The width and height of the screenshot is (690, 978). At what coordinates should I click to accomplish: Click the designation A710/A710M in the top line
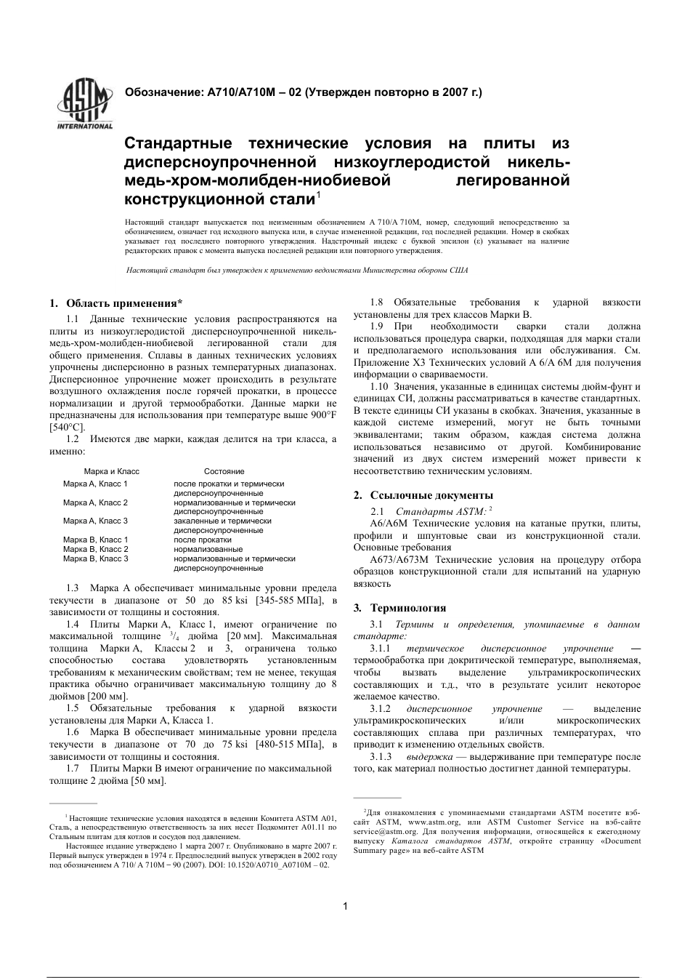[240, 92]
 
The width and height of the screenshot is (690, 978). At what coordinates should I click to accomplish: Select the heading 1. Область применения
[115, 303]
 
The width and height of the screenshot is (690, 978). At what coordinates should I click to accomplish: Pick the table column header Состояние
[224, 471]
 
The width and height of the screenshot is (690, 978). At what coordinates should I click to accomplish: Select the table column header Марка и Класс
[111, 471]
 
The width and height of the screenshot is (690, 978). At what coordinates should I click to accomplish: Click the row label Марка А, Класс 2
[95, 502]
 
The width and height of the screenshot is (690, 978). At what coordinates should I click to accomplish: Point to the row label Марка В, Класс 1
[95, 540]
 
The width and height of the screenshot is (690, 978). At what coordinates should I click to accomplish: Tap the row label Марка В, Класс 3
[95, 558]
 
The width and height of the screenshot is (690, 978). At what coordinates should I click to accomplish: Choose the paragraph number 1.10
[381, 386]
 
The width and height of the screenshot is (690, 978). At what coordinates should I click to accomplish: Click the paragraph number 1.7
[73, 768]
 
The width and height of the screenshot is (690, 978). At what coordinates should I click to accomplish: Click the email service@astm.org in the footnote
[385, 830]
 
